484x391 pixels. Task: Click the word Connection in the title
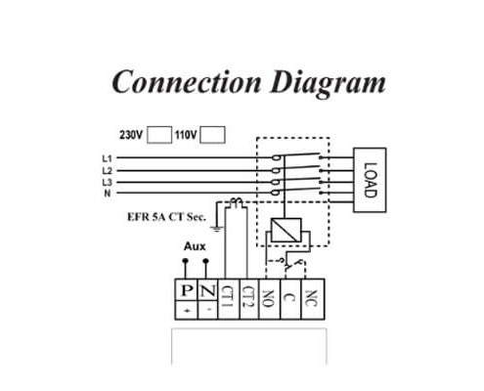pos(187,82)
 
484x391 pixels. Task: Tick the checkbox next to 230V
pos(159,135)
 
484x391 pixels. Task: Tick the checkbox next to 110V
pos(212,135)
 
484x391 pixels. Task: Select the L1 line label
pos(107,158)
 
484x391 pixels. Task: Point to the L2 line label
pos(107,170)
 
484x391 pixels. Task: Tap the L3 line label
pos(107,182)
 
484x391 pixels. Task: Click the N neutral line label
pos(108,193)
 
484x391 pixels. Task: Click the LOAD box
pos(370,180)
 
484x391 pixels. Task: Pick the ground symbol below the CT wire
pos(216,229)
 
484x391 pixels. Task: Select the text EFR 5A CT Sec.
pos(166,217)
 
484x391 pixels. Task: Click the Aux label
pos(195,246)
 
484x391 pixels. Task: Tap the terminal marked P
pos(186,299)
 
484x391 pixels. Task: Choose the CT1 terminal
pos(229,299)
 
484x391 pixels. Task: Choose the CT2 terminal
pos(249,299)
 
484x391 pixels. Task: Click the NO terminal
pos(270,299)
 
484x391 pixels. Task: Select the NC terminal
pos(313,299)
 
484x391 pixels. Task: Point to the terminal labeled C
pos(291,299)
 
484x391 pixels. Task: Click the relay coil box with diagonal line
pos(286,230)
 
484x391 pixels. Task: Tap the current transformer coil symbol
pos(237,202)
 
